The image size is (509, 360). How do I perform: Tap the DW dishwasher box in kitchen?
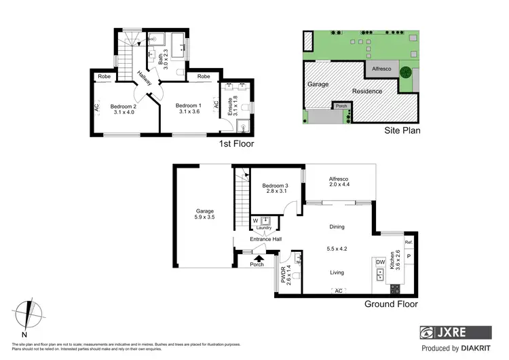tap(380, 262)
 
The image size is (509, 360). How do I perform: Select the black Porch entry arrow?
tap(257, 257)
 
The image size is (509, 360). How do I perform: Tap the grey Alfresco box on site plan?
tap(379, 69)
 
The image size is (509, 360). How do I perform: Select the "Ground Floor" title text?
tap(391, 304)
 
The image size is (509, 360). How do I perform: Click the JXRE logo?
tap(455, 333)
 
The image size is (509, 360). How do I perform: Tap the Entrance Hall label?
tap(267, 239)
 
